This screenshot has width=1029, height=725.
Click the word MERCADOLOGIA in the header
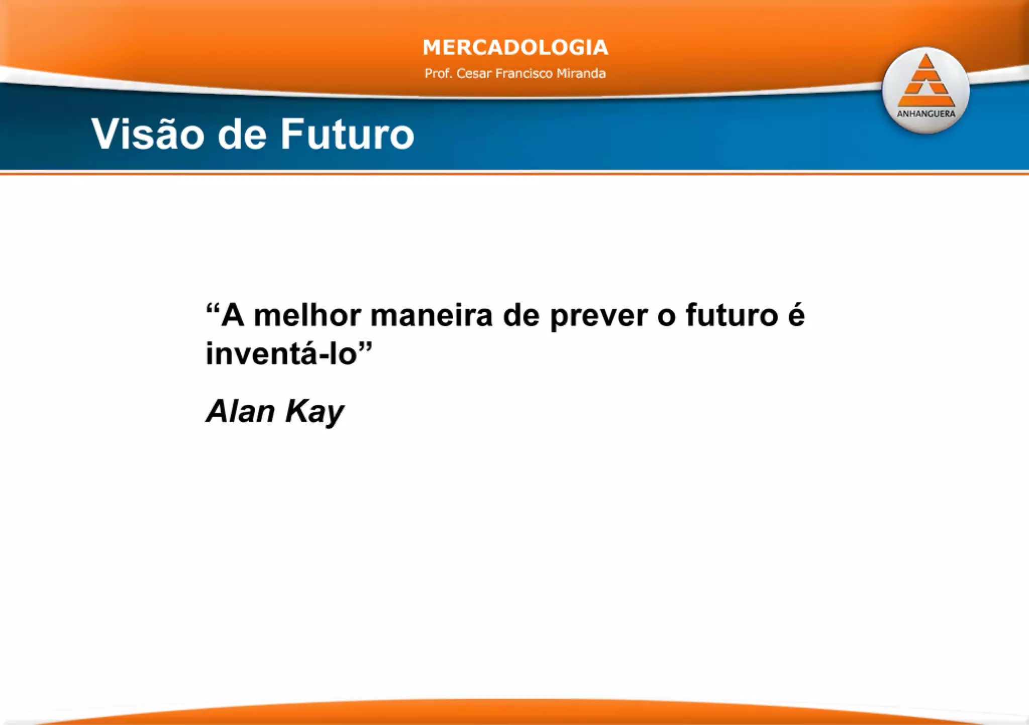point(515,48)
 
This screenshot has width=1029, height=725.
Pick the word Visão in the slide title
point(148,134)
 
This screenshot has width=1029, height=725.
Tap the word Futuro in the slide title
point(347,134)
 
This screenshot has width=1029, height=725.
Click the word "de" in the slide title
point(242,134)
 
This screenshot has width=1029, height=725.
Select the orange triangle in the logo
point(925,82)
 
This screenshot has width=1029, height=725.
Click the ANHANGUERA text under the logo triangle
point(926,114)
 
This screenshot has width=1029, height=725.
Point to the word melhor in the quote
point(307,316)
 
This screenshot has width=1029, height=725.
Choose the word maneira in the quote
point(431,316)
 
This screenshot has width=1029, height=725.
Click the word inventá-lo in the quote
point(281,353)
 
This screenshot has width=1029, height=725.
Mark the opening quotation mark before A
point(213,307)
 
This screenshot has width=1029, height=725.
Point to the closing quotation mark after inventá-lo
point(365,345)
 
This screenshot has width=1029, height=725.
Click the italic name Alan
point(240,412)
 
